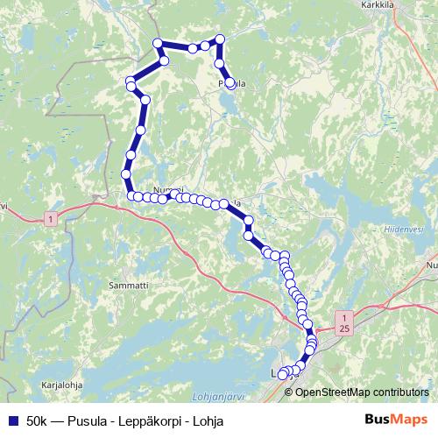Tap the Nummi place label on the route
click(x=167, y=190)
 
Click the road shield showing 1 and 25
click(x=344, y=321)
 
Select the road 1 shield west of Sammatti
click(x=53, y=216)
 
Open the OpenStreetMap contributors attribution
click(x=362, y=392)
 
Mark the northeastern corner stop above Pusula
click(x=219, y=39)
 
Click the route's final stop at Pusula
click(x=230, y=83)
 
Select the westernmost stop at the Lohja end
click(x=282, y=375)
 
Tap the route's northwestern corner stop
click(x=158, y=44)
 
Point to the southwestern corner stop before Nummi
click(x=131, y=195)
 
